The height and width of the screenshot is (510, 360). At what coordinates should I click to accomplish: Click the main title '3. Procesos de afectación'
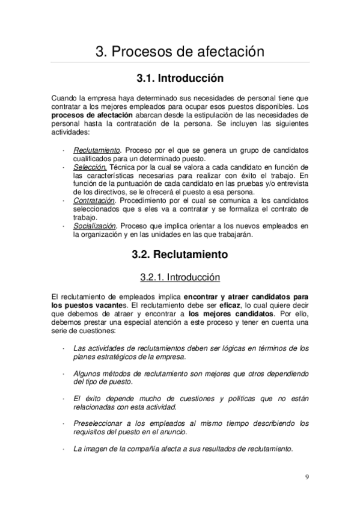[180, 52]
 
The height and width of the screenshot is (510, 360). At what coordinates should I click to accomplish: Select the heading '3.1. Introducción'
[180, 79]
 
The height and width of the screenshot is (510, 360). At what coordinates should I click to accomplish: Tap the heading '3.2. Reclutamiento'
[180, 254]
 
